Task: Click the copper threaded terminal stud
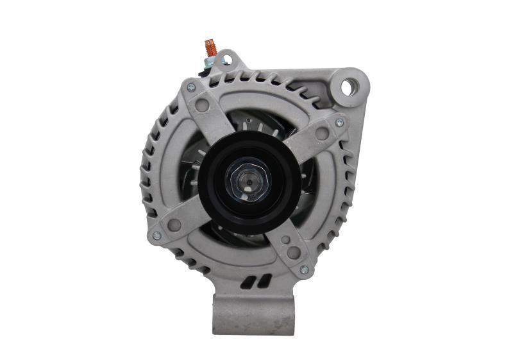click(x=210, y=47)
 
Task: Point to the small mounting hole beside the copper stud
click(x=226, y=60)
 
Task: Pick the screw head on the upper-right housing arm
click(x=339, y=122)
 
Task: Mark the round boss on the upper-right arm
click(x=322, y=133)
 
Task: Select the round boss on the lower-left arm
click(x=174, y=225)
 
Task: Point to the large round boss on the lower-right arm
click(x=293, y=252)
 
